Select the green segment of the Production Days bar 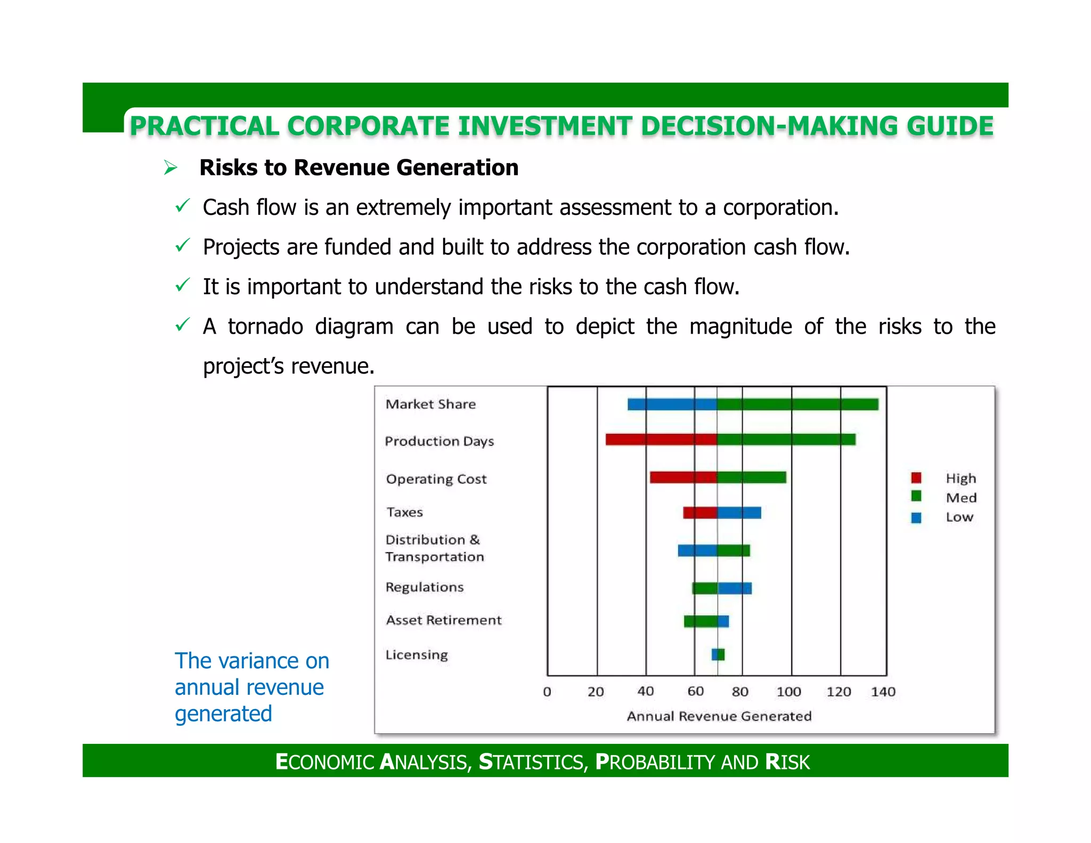(x=786, y=440)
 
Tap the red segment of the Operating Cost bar (x=683, y=477)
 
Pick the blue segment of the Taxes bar (x=739, y=513)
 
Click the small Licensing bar (x=718, y=654)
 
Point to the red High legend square (x=916, y=477)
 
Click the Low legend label (x=959, y=517)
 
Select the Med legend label (x=961, y=498)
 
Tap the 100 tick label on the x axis (x=788, y=692)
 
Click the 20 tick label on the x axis (x=596, y=692)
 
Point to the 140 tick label (x=883, y=692)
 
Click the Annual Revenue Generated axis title (x=719, y=716)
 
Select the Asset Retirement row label (x=443, y=620)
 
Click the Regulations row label (x=425, y=587)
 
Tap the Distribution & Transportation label (x=434, y=548)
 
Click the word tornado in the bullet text (x=265, y=326)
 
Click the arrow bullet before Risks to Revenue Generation (x=170, y=168)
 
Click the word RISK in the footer (x=787, y=762)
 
